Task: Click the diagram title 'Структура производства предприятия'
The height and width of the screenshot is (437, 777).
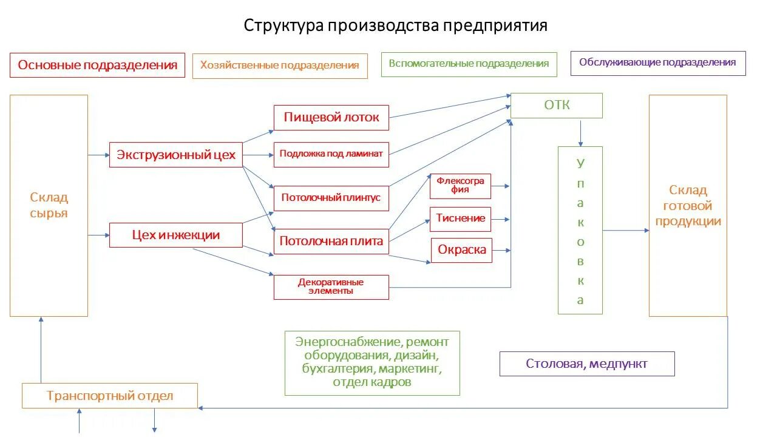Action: [395, 25]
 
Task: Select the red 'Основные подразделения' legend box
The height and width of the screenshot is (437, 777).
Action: [97, 65]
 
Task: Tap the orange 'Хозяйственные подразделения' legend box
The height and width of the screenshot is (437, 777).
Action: [280, 66]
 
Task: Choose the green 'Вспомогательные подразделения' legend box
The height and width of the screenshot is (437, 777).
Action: [469, 64]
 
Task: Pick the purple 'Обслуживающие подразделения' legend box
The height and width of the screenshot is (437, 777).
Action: [657, 63]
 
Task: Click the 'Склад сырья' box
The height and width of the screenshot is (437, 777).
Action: [49, 205]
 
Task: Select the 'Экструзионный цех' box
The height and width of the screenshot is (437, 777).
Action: [176, 155]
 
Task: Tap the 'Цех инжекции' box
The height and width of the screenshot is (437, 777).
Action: [176, 235]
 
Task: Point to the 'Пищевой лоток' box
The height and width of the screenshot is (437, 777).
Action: [331, 117]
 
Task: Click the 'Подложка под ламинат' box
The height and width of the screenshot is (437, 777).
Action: [331, 154]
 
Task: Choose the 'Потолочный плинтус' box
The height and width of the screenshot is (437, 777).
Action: [331, 198]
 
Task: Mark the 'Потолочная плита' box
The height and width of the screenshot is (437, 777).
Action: [331, 241]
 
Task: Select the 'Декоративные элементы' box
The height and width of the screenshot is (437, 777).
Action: [331, 286]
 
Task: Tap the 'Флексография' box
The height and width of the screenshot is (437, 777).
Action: [460, 186]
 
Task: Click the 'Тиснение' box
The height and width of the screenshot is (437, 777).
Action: [460, 218]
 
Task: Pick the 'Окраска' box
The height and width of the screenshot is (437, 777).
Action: [461, 250]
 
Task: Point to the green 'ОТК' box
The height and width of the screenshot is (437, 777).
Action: [557, 105]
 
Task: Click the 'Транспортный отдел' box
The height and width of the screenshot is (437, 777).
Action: [110, 396]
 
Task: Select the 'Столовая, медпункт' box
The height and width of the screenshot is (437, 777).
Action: [586, 364]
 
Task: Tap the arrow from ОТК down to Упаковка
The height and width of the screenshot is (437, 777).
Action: [581, 132]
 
